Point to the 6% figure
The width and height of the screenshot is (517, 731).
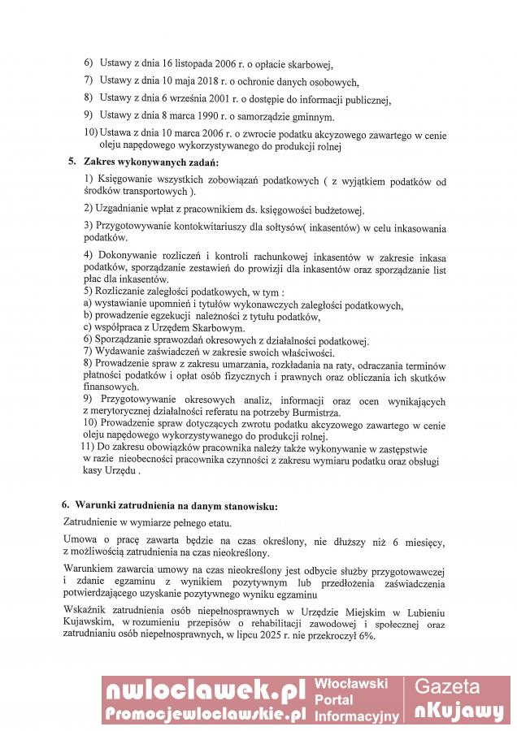point(364,635)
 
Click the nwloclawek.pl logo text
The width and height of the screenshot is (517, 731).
point(204,690)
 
